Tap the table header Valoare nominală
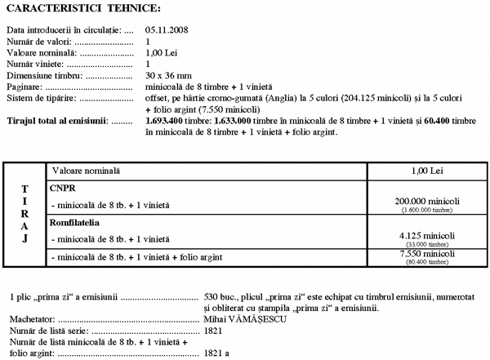tap(85, 171)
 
